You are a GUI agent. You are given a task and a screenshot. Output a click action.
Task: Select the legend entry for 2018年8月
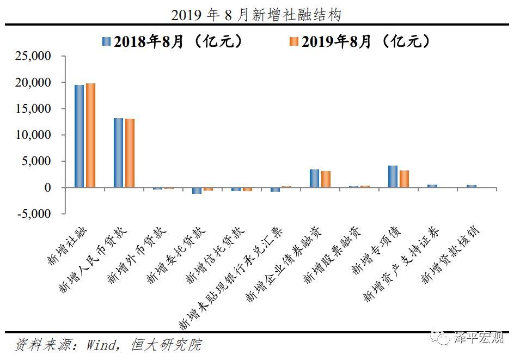pos(172,42)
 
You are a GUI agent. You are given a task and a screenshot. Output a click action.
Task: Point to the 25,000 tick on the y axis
pos(34,57)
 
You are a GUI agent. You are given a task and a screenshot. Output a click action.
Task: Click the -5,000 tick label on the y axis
pos(34,214)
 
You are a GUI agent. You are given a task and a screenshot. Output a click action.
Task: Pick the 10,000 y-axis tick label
pos(34,135)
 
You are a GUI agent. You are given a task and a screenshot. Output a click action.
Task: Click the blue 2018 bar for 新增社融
pos(79,136)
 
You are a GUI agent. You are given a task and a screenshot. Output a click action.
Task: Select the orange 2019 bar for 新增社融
pos(90,136)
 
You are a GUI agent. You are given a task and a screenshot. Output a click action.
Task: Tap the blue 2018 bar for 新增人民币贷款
pos(118,152)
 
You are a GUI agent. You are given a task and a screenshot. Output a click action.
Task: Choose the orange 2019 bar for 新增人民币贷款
pos(130,153)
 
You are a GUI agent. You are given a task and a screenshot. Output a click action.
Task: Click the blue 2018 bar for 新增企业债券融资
pos(314,178)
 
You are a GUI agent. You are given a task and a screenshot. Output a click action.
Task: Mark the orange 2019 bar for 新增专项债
pos(404,179)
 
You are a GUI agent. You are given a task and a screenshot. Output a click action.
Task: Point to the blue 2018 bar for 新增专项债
pos(393,176)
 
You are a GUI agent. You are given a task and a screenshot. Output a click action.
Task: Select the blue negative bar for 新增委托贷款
pos(197,191)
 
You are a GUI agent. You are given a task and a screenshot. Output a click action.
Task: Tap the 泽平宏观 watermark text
pos(479,338)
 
